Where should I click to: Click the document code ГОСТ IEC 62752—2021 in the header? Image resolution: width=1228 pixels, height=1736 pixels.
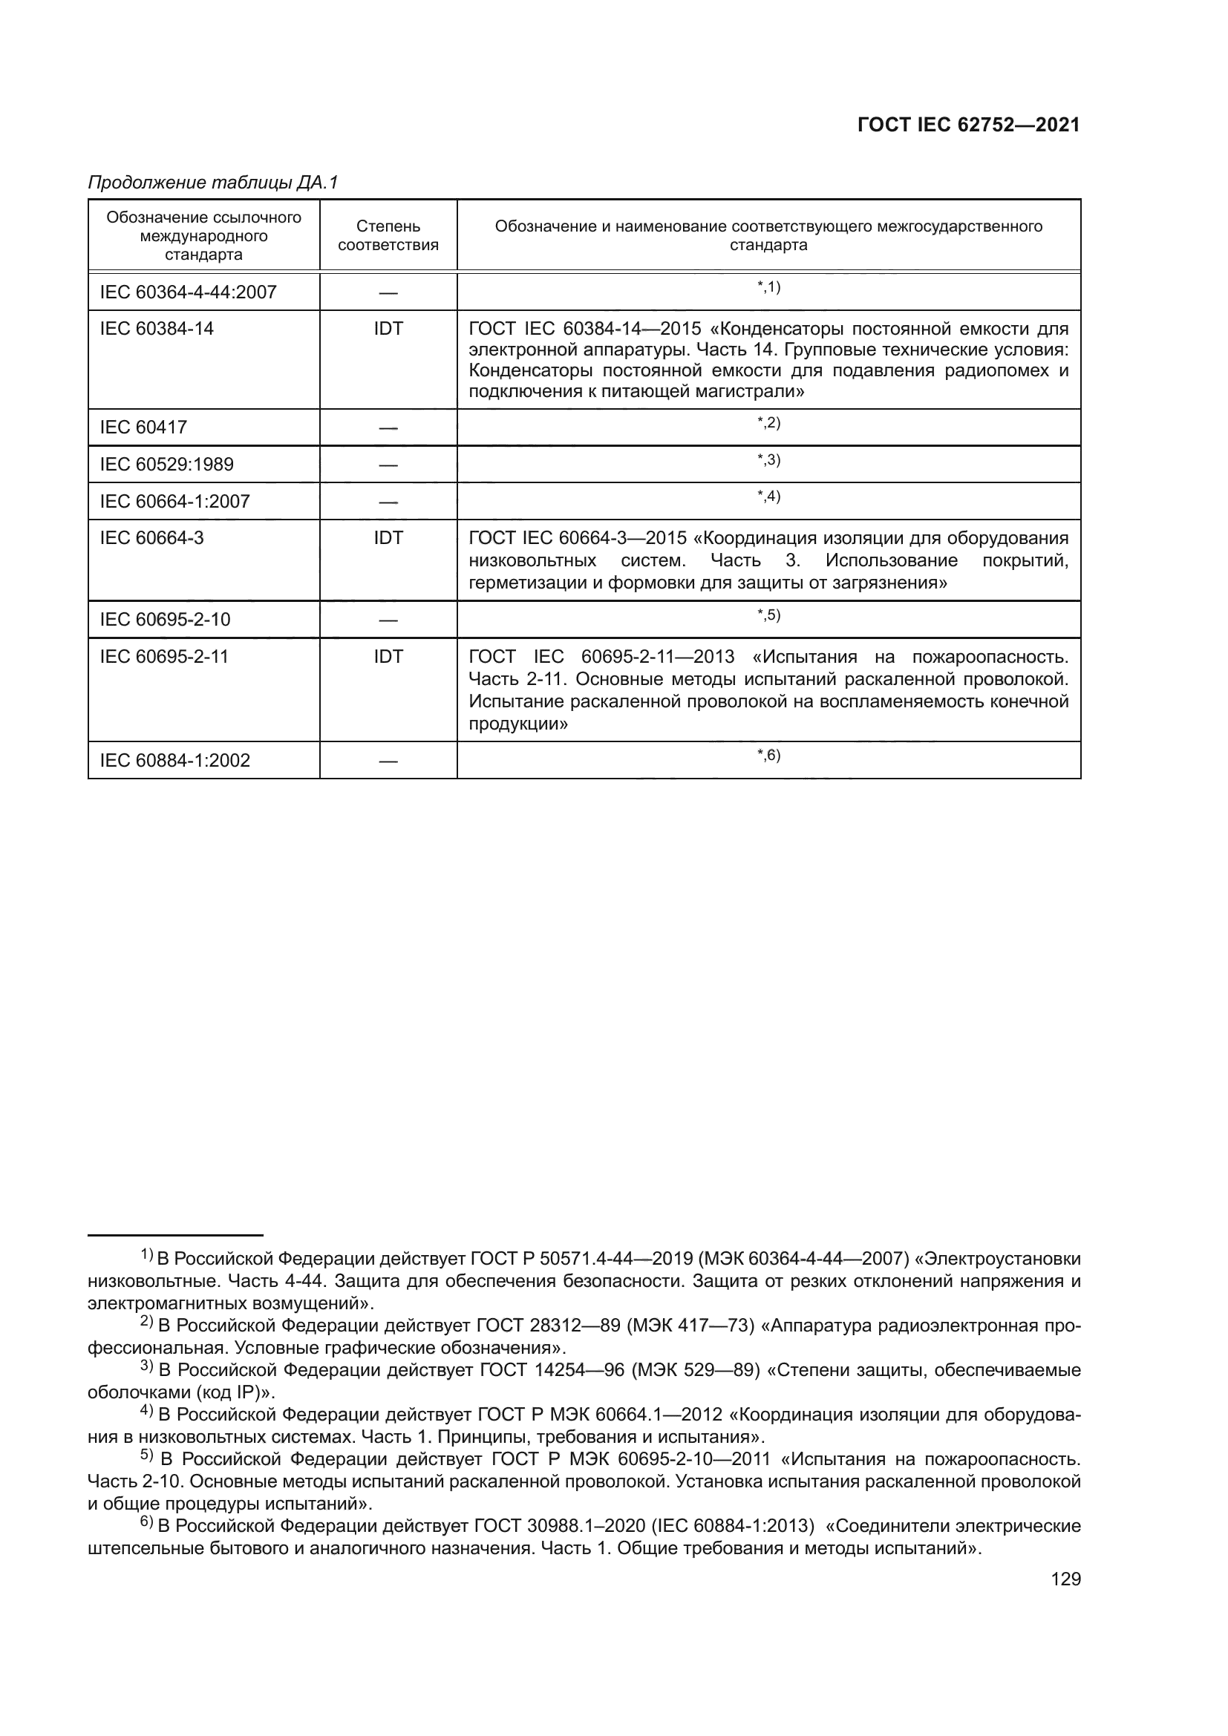pyautogui.click(x=969, y=125)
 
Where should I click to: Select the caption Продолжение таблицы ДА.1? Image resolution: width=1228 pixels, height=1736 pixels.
pyautogui.click(x=213, y=183)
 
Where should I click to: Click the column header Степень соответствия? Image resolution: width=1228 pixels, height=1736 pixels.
pyautogui.click(x=388, y=235)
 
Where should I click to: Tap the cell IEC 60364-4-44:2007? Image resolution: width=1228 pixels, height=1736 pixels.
pyautogui.click(x=189, y=292)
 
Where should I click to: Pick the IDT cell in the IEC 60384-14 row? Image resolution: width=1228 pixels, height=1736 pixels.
pyautogui.click(x=388, y=329)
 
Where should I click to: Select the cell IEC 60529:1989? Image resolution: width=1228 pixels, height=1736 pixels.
pyautogui.click(x=166, y=464)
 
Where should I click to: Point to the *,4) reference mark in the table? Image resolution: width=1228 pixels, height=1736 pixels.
pyautogui.click(x=768, y=496)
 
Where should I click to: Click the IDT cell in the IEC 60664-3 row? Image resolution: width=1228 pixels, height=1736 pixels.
pyautogui.click(x=388, y=538)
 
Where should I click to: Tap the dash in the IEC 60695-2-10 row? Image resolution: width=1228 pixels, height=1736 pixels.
pyautogui.click(x=388, y=620)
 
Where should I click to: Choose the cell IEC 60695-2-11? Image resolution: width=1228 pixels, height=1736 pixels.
pyautogui.click(x=164, y=656)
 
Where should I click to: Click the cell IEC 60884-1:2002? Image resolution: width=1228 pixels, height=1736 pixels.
pyautogui.click(x=174, y=760)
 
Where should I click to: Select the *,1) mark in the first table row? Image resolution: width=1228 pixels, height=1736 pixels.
pyautogui.click(x=768, y=286)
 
